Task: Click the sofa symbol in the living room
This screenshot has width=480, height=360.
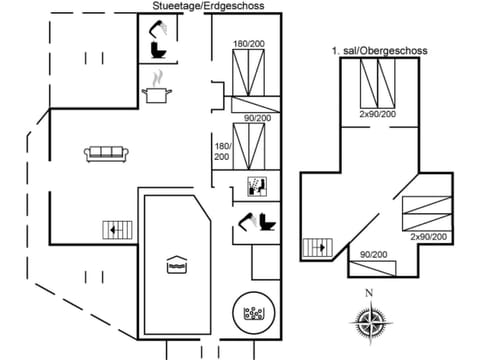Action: point(106,153)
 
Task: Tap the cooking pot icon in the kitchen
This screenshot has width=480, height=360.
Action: point(156,94)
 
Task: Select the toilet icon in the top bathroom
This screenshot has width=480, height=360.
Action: point(158,48)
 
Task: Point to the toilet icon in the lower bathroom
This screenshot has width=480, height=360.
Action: point(266,222)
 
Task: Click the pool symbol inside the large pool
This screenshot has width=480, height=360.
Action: point(177,265)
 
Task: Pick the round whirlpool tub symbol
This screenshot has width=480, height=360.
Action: point(253,313)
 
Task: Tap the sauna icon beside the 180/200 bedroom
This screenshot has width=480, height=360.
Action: point(255,185)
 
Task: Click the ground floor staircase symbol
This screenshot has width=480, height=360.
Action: point(116,229)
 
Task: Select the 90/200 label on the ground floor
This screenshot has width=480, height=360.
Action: point(256,118)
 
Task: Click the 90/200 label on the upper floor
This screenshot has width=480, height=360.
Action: point(373,255)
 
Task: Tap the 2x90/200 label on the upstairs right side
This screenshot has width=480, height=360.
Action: point(428,237)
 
